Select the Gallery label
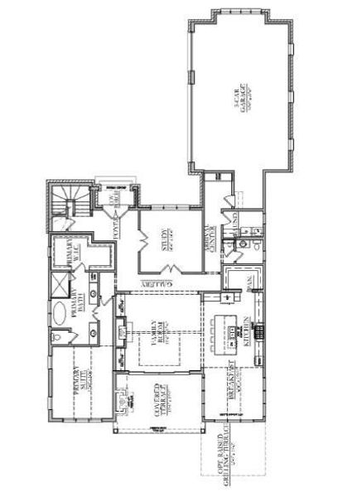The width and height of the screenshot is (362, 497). [162, 283]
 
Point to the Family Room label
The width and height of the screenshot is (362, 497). [157, 340]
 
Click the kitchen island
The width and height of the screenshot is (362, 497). [231, 331]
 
